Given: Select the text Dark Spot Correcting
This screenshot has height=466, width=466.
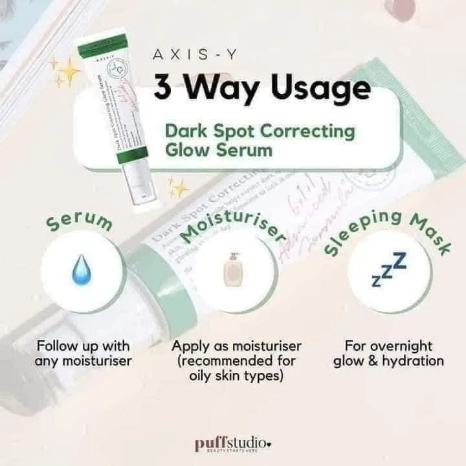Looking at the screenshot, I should coord(260,131).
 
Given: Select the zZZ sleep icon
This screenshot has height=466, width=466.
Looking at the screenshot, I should coord(389,270).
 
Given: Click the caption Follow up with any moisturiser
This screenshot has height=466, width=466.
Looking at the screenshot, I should coord(83,353).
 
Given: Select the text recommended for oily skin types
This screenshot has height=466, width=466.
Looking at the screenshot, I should coord(236,369).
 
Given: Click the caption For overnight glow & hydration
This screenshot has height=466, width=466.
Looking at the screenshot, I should coord(389,353).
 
